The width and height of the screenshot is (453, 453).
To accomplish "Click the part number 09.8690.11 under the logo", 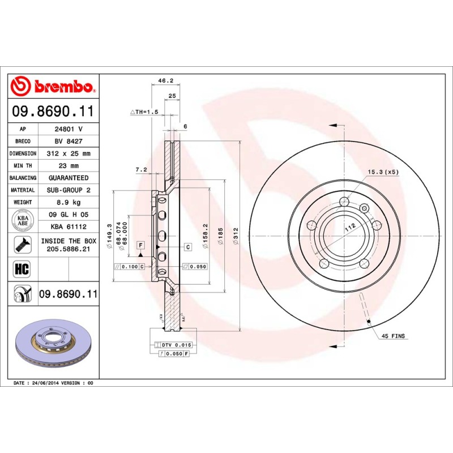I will pos(53,112).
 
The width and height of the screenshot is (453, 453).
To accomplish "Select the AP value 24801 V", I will pos(67,129).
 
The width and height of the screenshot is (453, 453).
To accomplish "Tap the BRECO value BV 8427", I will pos(67,141).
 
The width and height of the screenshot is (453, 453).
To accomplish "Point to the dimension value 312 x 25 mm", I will pos(67,153).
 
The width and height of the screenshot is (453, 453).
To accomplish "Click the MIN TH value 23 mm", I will pos(67,166).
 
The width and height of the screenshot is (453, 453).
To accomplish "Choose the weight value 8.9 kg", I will pos(67,202).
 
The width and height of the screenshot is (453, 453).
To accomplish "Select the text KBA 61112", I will pos(67,226).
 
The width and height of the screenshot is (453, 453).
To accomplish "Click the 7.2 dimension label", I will pos(142,169).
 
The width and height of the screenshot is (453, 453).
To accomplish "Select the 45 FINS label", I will pos(394,336).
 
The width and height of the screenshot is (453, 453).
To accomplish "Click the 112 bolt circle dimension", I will pos(349,226).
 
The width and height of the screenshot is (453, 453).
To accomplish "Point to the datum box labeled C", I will pos(187,247).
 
